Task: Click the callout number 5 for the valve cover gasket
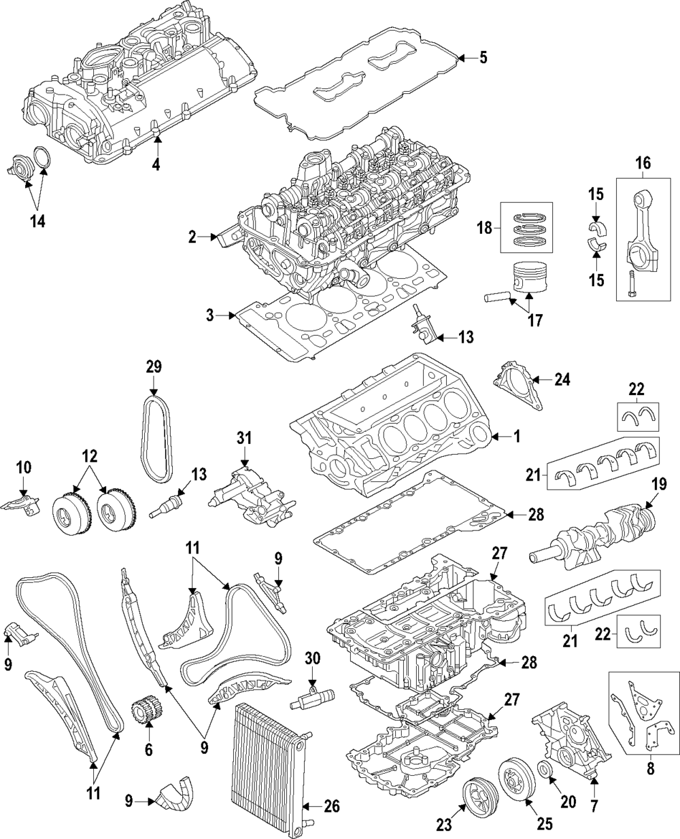coord(482,58)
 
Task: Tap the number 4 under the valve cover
coord(156,164)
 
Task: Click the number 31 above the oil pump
coord(244,436)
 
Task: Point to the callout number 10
coord(23,467)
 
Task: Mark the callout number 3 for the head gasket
coord(210,315)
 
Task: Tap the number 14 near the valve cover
coord(37,222)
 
